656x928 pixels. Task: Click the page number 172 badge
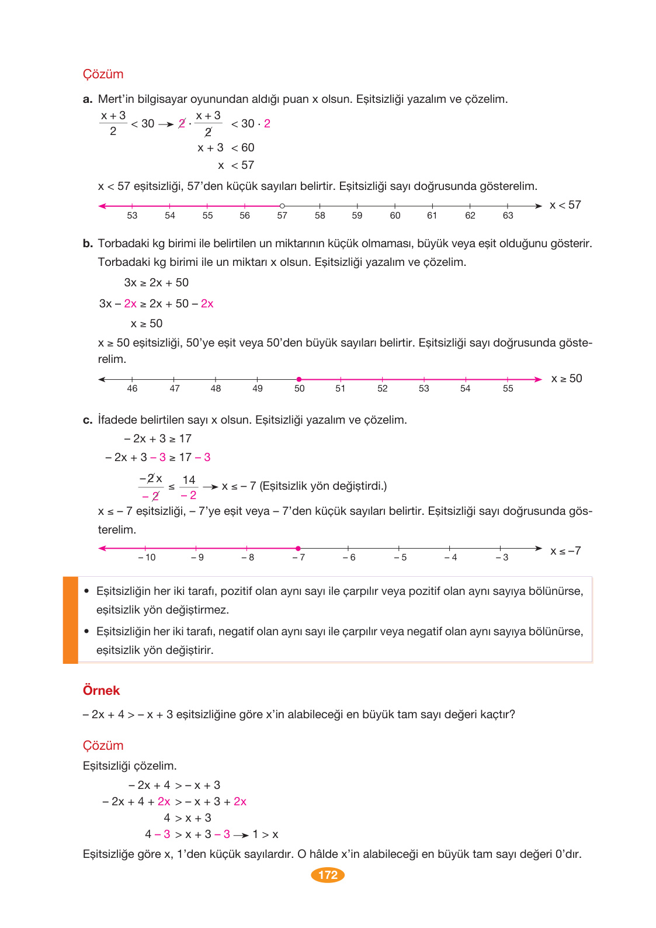328,874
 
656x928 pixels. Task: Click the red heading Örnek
101,690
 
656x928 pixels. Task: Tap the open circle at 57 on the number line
282,206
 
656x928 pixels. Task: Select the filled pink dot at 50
299,379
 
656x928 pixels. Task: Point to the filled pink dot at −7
298,548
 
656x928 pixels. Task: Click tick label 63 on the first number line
508,216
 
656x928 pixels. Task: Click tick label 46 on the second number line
133,389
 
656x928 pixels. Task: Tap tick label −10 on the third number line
147,558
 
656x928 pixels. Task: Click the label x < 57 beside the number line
565,205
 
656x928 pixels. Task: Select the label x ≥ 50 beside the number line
566,379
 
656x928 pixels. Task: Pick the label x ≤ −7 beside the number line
565,550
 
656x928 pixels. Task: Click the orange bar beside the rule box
70,619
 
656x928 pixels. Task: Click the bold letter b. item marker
88,244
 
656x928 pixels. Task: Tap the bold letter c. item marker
88,420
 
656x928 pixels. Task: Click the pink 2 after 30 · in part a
267,124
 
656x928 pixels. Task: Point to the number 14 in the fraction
189,480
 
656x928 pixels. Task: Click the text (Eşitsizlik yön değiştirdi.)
323,486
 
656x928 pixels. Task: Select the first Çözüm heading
103,74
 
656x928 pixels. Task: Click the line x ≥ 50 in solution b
147,324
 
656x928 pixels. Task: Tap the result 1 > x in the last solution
265,834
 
